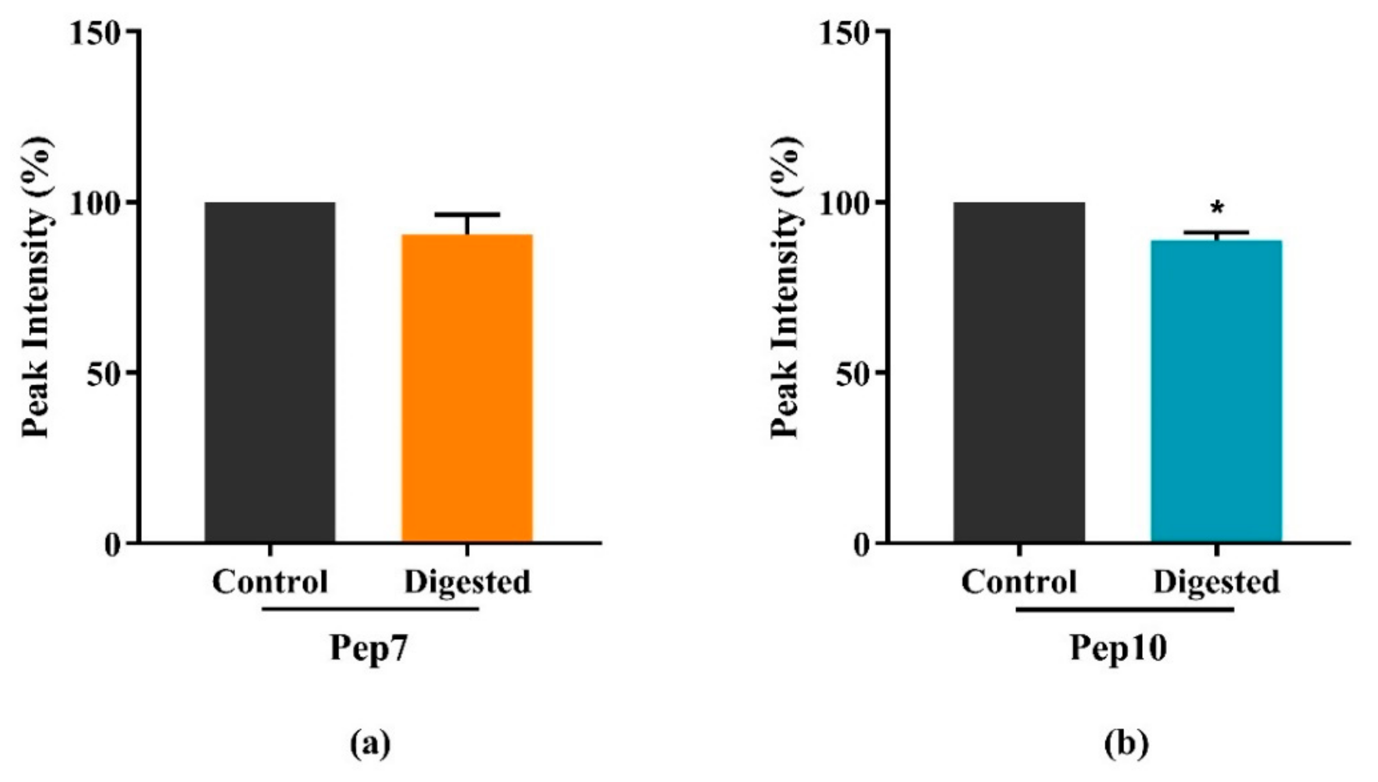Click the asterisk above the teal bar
coord(1217,208)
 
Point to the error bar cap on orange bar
coord(467,215)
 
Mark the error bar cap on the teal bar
coord(1216,233)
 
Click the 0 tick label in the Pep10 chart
coord(863,543)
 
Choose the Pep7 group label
coord(369,647)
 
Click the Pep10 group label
coord(1119,647)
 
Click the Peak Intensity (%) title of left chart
coord(38,287)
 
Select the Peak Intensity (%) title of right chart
coord(787,287)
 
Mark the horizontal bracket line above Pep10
coord(1125,610)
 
